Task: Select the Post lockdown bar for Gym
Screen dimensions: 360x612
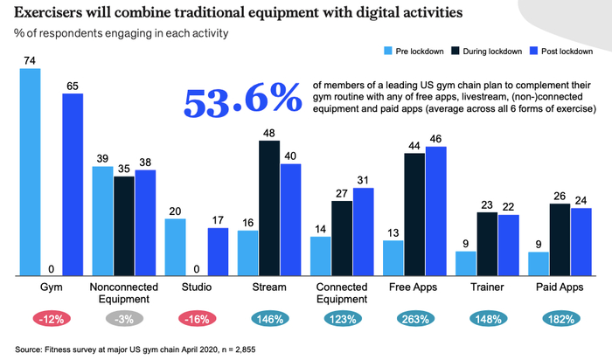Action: (72, 184)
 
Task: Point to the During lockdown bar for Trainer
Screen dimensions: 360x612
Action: (487, 244)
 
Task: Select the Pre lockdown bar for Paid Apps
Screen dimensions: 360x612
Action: (539, 263)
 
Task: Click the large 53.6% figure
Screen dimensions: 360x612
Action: (240, 101)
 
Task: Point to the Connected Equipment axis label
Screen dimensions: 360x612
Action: (342, 293)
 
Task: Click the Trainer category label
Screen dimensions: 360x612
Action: (487, 287)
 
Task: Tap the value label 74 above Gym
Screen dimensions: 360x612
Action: (30, 59)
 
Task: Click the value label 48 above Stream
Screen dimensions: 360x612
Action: (269, 132)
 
